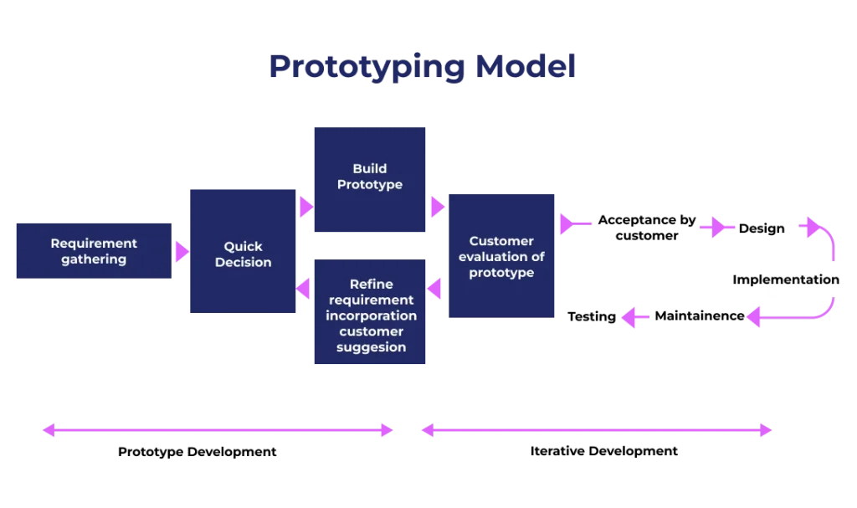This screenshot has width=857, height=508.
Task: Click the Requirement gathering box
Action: tap(93, 251)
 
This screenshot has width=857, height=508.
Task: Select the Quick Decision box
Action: tap(244, 252)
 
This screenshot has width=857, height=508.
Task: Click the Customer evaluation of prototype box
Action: tap(501, 257)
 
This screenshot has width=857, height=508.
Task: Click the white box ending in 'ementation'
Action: tap(807, 279)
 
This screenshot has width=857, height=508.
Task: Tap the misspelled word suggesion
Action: tap(372, 346)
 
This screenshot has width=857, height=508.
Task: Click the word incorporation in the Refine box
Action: tap(372, 316)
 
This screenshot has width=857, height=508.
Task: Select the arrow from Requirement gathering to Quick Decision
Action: tap(181, 251)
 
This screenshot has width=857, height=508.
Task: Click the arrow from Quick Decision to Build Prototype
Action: tap(305, 207)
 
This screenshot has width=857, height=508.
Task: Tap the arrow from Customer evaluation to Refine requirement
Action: tap(435, 290)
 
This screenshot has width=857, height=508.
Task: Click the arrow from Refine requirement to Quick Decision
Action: tap(305, 289)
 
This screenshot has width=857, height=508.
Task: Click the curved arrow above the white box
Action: tap(820, 232)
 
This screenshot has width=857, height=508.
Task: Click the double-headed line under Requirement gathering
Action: tap(217, 431)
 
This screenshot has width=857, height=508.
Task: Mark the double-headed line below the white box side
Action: tap(595, 432)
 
